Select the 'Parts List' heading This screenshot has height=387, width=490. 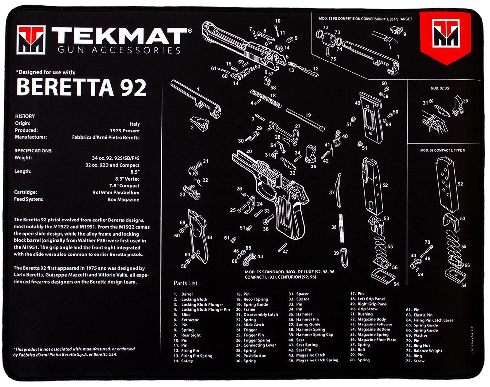(186, 283)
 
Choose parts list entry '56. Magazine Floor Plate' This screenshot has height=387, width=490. (373, 340)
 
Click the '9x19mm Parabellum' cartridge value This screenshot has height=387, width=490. (116, 193)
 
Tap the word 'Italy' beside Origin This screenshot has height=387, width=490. (135, 124)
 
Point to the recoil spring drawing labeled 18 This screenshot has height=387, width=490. (265, 98)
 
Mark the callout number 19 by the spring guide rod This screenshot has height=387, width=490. (308, 115)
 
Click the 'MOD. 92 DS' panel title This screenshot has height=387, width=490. (439, 88)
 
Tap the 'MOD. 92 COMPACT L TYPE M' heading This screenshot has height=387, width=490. (443, 150)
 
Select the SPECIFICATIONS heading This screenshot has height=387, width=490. (33, 151)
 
